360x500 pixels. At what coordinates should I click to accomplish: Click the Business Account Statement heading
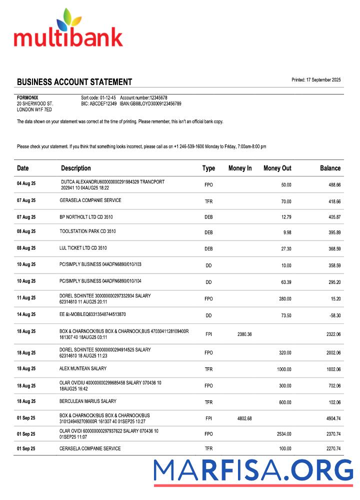pyautogui.click(x=74, y=82)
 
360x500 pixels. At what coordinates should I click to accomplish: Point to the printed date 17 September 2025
pyautogui.click(x=316, y=80)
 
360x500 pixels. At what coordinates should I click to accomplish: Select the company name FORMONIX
pyautogui.click(x=27, y=97)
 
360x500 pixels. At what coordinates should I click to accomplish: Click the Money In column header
pyautogui.click(x=240, y=168)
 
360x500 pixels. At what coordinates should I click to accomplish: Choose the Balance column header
pyautogui.click(x=330, y=168)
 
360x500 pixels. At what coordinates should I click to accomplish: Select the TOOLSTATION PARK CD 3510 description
pyautogui.click(x=87, y=231)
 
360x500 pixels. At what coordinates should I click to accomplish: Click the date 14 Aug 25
pyautogui.click(x=26, y=314)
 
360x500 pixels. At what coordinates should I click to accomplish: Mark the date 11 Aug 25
pyautogui.click(x=26, y=297)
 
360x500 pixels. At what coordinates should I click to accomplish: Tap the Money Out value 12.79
pyautogui.click(x=285, y=217)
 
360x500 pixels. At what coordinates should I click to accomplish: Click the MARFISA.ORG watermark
pyautogui.click(x=253, y=471)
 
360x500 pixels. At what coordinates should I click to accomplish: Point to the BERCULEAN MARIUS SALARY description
pyautogui.click(x=88, y=401)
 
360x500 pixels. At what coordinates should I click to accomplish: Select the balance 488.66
pyautogui.click(x=332, y=185)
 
